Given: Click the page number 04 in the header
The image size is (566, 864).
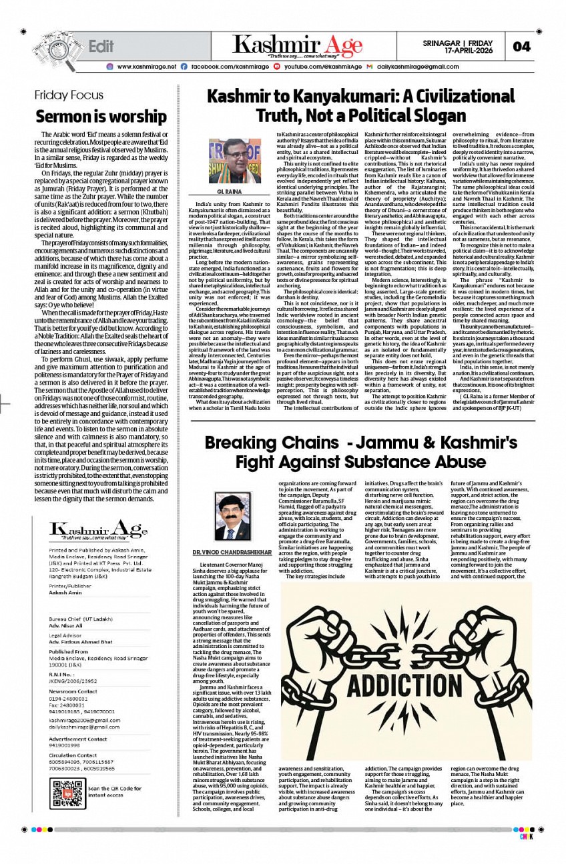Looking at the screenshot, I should point(522,46).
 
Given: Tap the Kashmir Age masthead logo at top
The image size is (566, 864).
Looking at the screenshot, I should point(297,45).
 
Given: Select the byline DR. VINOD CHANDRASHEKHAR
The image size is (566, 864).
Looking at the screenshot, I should point(234,553).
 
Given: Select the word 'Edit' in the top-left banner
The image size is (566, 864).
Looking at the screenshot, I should point(101,46).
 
